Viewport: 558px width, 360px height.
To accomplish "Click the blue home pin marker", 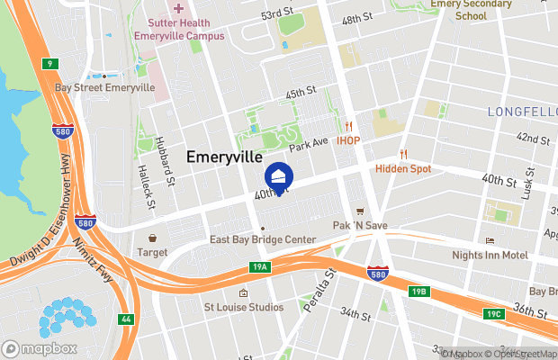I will (279, 177).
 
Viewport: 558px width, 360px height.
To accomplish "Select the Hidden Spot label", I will (402, 168).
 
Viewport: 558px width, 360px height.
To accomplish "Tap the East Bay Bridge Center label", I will (262, 239).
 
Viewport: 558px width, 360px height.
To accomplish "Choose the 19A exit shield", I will (260, 267).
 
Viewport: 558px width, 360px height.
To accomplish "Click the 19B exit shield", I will (418, 291).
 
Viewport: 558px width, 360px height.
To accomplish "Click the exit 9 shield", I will (50, 63).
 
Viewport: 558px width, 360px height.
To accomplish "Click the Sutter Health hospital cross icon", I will (177, 7).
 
